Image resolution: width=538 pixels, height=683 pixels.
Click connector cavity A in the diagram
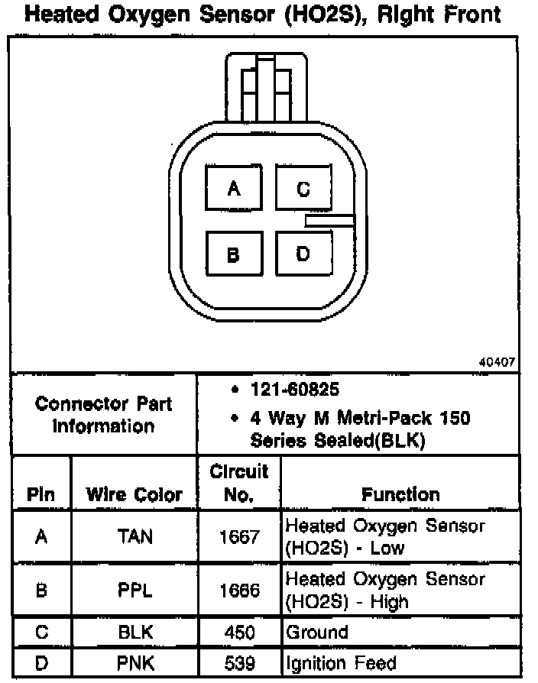coord(233,189)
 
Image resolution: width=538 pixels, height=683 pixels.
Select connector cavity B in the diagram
coord(233,254)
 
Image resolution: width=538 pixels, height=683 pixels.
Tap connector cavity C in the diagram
coord(303,189)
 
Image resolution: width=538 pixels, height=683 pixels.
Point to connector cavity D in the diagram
coord(303,254)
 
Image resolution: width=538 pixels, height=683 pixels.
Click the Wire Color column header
coord(134,494)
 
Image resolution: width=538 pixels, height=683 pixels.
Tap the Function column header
coord(400,494)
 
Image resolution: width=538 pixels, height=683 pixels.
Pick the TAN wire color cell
coord(134,536)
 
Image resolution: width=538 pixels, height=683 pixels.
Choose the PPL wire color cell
coord(134,591)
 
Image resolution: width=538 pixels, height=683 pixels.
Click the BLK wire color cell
coord(134,632)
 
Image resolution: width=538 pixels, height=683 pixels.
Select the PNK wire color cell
coord(134,662)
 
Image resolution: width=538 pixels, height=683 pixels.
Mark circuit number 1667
coord(239,536)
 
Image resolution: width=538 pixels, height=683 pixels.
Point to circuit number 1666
coord(239,591)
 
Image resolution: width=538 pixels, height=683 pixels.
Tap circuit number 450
coord(239,632)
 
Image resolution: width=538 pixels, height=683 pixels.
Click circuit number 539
coord(239,662)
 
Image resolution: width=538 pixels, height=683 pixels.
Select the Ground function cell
coord(316,632)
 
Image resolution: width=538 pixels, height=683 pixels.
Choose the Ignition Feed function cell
coord(341,662)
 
